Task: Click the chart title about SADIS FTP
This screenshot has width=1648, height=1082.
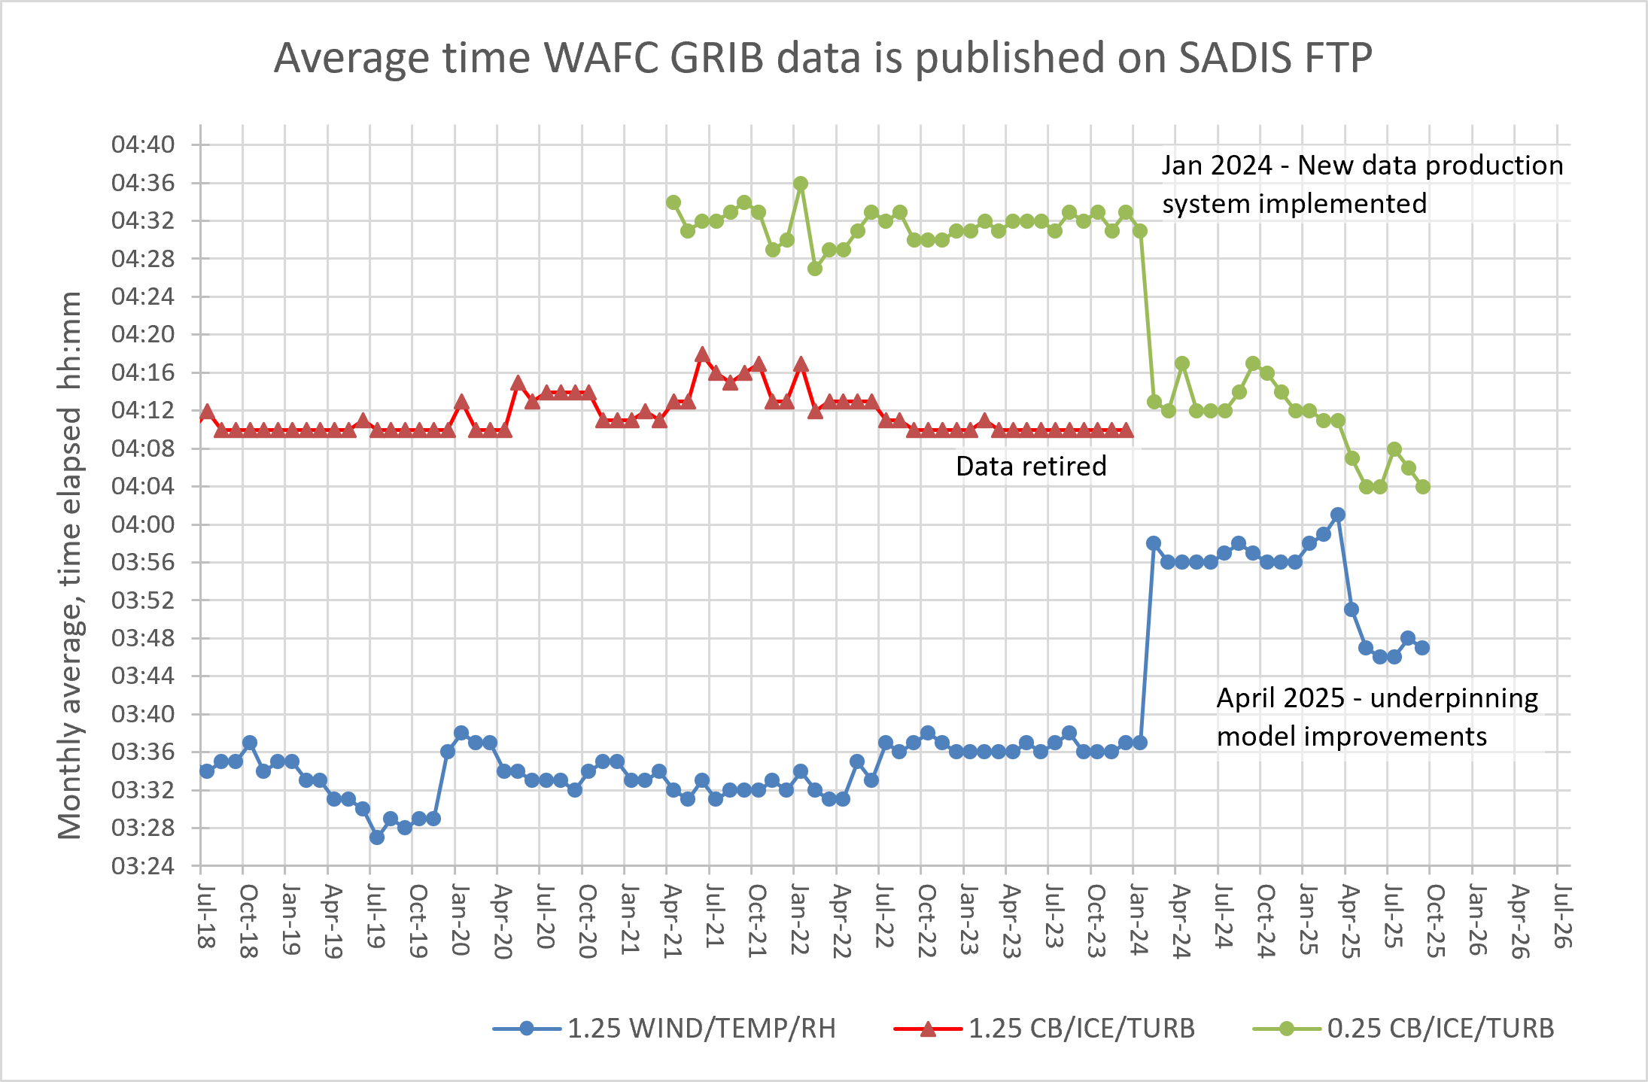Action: click(x=823, y=58)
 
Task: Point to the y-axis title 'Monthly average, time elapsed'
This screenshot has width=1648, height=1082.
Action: click(x=70, y=564)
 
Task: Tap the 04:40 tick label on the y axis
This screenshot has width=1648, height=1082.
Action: click(x=143, y=144)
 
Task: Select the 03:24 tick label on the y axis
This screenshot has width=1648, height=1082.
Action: click(x=143, y=866)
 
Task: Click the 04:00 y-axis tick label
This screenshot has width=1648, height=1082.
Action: click(x=143, y=524)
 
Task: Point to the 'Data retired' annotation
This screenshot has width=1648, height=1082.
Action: click(x=1031, y=467)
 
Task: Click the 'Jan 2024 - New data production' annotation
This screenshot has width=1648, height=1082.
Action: click(x=1362, y=166)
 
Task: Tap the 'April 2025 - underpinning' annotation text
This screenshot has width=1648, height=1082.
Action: click(x=1377, y=698)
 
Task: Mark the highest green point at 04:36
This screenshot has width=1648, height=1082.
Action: click(x=801, y=184)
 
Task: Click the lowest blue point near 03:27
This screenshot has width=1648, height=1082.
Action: click(x=377, y=837)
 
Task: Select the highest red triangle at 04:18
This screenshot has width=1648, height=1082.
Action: click(x=702, y=354)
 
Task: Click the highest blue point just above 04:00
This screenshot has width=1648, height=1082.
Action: click(x=1337, y=515)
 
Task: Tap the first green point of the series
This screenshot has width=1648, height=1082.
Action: click(x=673, y=202)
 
